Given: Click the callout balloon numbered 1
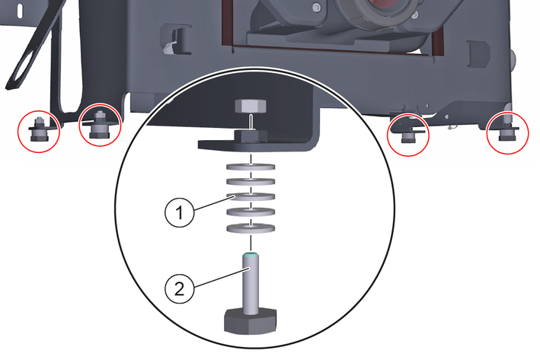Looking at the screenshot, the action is point(180,212).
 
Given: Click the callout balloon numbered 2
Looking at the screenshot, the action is point(180,288).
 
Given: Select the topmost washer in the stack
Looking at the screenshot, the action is point(251,167).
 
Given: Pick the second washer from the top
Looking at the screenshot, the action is point(251,182).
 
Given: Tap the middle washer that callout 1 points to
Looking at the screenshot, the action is point(251,197).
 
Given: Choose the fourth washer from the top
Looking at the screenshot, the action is point(251,212).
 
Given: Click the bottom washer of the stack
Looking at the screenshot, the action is point(251,228).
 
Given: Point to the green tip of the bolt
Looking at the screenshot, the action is point(251,255).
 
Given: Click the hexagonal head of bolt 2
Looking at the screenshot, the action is point(251,321).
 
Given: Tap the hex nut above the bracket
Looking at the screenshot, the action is point(251,106).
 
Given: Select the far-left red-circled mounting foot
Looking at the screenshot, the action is point(39,131).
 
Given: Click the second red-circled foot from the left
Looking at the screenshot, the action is point(100,125).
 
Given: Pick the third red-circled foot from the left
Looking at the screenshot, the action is point(408,135).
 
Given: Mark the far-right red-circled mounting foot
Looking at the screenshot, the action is point(507,133).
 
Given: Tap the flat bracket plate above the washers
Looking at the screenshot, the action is point(255,145).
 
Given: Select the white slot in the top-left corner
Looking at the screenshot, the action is point(20,10).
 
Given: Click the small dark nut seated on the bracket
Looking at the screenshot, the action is point(251,135).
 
